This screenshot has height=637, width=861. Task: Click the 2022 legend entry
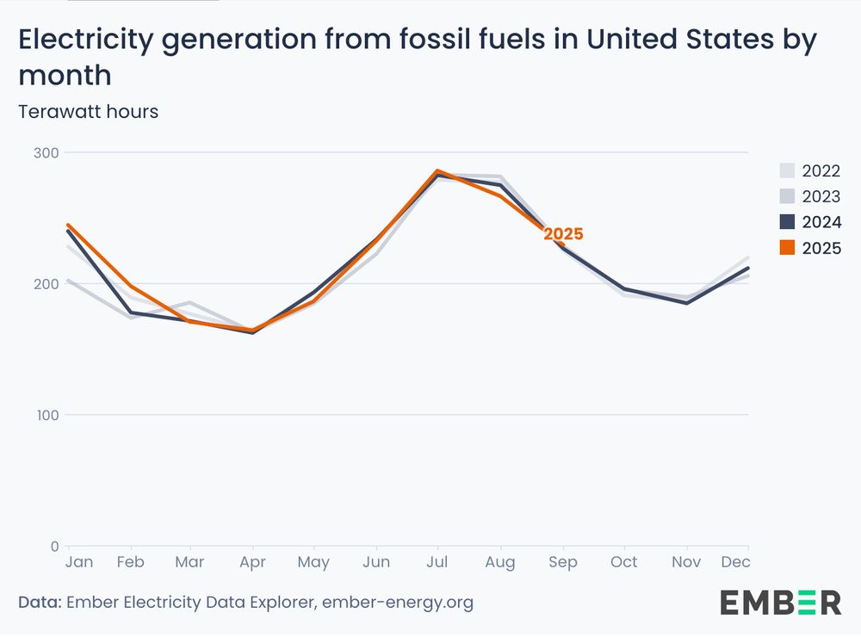pyautogui.click(x=809, y=170)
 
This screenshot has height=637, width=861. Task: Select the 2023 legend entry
pyautogui.click(x=809, y=196)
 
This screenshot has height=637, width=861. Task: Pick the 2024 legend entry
pyautogui.click(x=809, y=222)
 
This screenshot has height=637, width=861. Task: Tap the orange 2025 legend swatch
pyautogui.click(x=787, y=248)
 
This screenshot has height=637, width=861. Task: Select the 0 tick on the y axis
pyautogui.click(x=53, y=546)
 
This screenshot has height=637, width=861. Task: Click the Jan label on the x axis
pyautogui.click(x=79, y=562)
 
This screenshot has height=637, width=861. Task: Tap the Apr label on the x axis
pyautogui.click(x=252, y=562)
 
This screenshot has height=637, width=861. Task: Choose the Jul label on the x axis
pyautogui.click(x=438, y=562)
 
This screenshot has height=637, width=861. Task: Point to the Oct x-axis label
pyautogui.click(x=624, y=562)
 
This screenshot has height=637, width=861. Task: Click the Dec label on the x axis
pyautogui.click(x=736, y=562)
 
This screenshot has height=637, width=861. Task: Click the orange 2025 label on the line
pyautogui.click(x=563, y=234)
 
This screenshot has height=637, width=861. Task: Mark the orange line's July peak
pyautogui.click(x=438, y=171)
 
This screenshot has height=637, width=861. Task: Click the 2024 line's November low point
pyautogui.click(x=686, y=303)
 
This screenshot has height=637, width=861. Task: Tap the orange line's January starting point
pyautogui.click(x=69, y=226)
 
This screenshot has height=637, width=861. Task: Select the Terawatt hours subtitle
pyautogui.click(x=89, y=112)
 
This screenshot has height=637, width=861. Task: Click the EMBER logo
pyautogui.click(x=780, y=603)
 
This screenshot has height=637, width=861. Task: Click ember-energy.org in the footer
pyautogui.click(x=397, y=603)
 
